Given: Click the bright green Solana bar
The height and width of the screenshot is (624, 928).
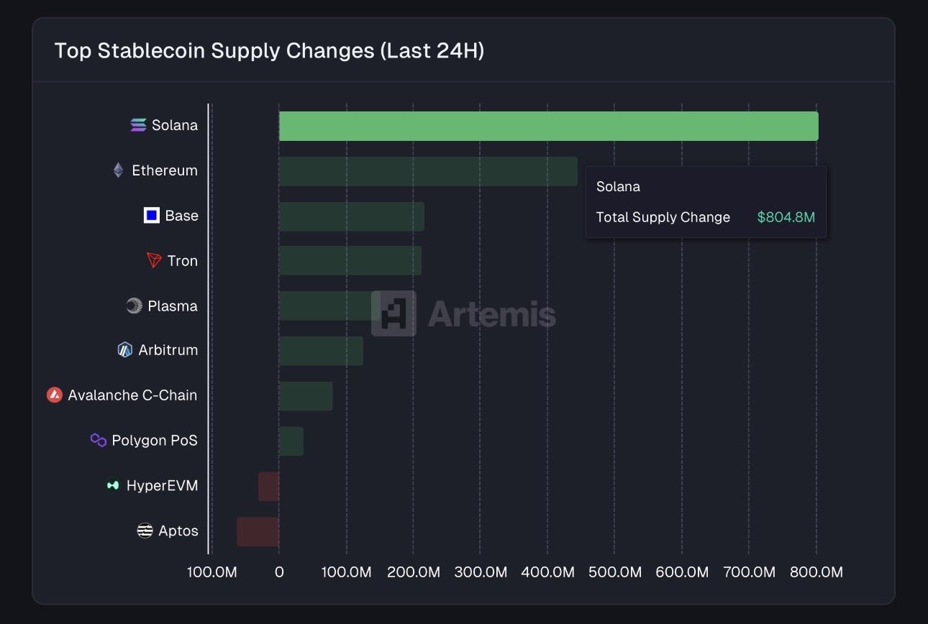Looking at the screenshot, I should (x=548, y=126).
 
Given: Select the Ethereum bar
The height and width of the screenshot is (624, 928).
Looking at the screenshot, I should (x=428, y=171).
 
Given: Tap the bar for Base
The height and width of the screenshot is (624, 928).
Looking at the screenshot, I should (x=351, y=216).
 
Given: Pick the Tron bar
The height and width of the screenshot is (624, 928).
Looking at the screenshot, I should (x=350, y=260).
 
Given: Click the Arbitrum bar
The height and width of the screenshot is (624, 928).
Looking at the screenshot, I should (x=321, y=350).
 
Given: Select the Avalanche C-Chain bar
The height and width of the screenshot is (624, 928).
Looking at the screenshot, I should (x=306, y=395).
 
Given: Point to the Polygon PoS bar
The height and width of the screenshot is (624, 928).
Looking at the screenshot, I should (x=291, y=441).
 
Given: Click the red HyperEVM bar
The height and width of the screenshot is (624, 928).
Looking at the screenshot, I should (x=269, y=486).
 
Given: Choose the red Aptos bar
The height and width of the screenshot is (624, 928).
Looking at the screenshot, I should (x=258, y=531).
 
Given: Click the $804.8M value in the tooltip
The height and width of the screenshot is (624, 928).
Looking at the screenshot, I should (x=786, y=217).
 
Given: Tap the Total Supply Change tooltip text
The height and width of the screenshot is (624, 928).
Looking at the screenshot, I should (x=663, y=217).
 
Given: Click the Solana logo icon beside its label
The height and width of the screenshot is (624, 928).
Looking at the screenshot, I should (x=138, y=125).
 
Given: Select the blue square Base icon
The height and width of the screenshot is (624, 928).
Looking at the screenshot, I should (x=151, y=216).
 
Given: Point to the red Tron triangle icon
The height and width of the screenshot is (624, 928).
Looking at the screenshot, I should (x=154, y=260).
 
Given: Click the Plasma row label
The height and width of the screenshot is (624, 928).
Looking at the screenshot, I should (x=172, y=306).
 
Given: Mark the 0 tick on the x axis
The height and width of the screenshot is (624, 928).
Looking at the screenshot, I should (x=279, y=572).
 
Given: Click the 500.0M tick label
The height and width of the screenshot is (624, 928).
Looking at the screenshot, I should (x=614, y=572).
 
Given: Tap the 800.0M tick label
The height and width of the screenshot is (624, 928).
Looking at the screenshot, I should (x=816, y=572).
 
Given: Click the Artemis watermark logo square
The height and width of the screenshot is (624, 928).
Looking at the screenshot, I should (x=394, y=313).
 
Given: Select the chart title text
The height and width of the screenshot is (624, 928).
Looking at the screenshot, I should (x=269, y=51).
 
